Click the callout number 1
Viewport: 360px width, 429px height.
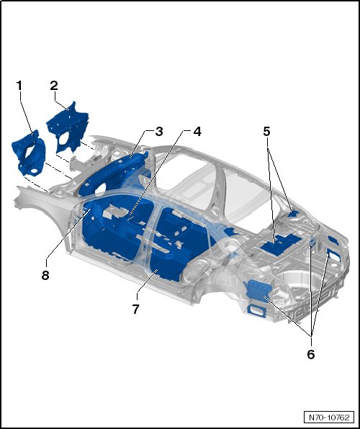pyautogui.click(x=19, y=86)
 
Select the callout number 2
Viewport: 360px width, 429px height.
pyautogui.click(x=54, y=86)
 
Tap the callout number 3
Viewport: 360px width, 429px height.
pyautogui.click(x=159, y=132)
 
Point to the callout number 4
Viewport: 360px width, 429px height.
pyautogui.click(x=197, y=132)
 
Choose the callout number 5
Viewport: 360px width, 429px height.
pyautogui.click(x=266, y=132)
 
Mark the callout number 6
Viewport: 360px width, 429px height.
pyautogui.click(x=311, y=355)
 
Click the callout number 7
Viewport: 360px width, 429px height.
pyautogui.click(x=136, y=310)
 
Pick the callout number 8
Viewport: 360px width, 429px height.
pyautogui.click(x=45, y=275)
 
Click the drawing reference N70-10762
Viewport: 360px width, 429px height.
pyautogui.click(x=329, y=417)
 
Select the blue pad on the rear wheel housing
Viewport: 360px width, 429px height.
pyautogui.click(x=258, y=291)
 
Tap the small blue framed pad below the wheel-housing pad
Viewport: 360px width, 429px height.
pyautogui.click(x=256, y=311)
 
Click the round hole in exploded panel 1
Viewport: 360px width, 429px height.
pyautogui.click(x=34, y=171)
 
